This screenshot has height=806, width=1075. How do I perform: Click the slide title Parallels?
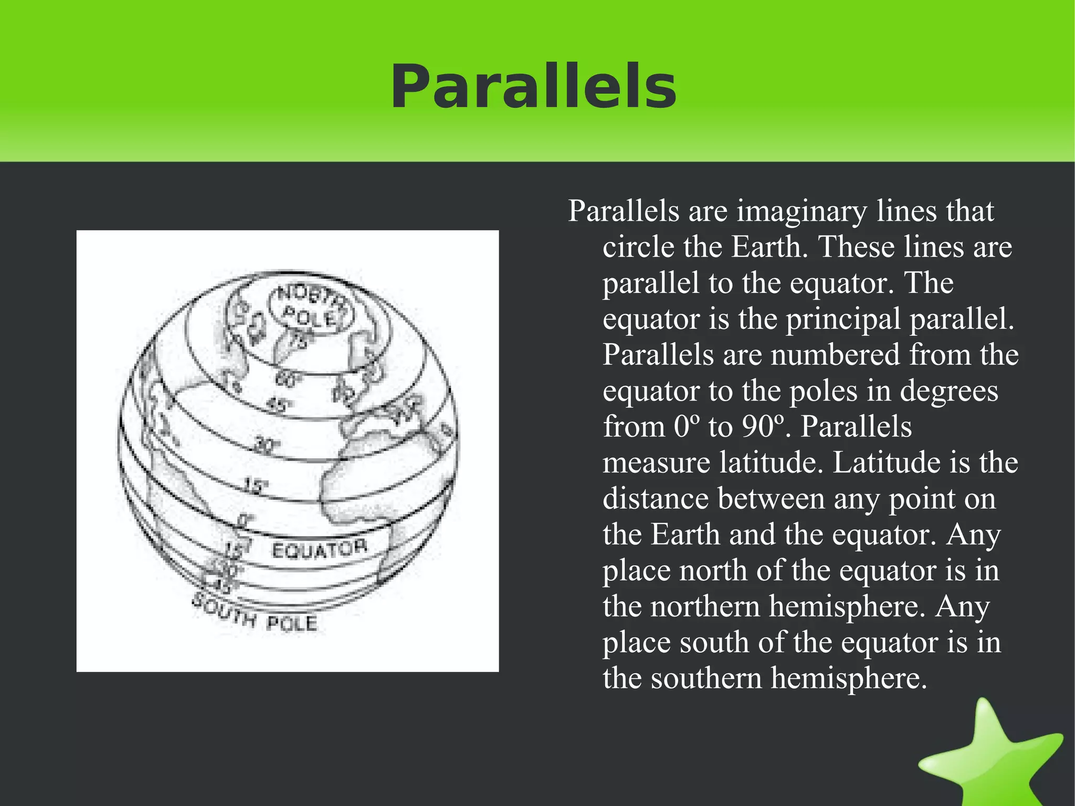[533, 87]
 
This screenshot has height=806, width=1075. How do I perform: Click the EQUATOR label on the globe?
[319, 549]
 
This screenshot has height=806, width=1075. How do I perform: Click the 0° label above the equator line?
[244, 521]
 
